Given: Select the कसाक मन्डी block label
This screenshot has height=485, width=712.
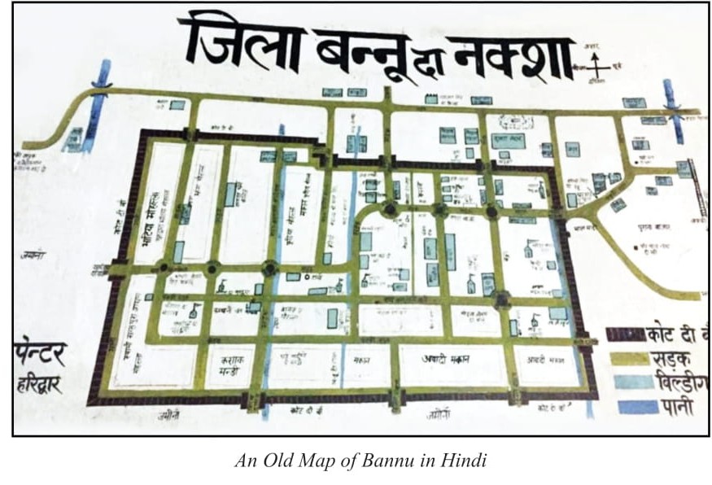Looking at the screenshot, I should [227, 360].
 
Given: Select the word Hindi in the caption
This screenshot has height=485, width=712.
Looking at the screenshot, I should [465, 461].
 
